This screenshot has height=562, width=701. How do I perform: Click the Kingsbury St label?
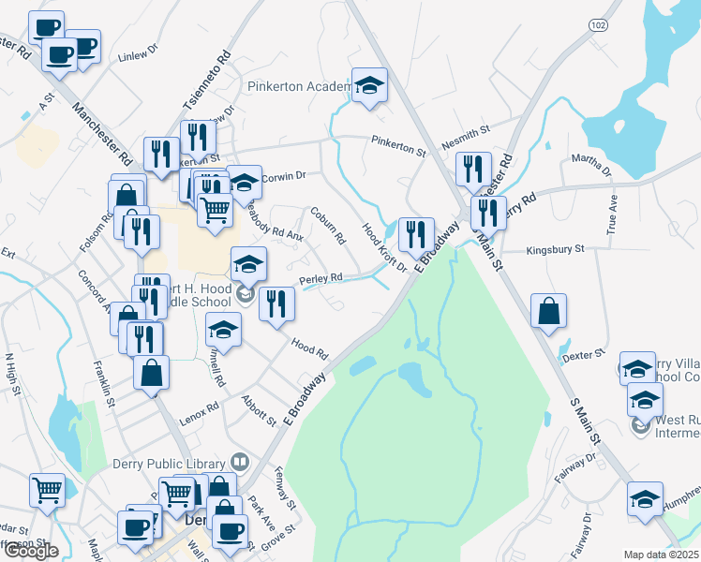555,250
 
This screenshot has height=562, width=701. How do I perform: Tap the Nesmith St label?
470,130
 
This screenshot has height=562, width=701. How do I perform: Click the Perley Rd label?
321,278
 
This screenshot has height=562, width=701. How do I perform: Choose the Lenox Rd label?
200,410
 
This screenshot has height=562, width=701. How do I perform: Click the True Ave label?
615,209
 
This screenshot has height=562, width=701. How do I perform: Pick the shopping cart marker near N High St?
47,488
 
